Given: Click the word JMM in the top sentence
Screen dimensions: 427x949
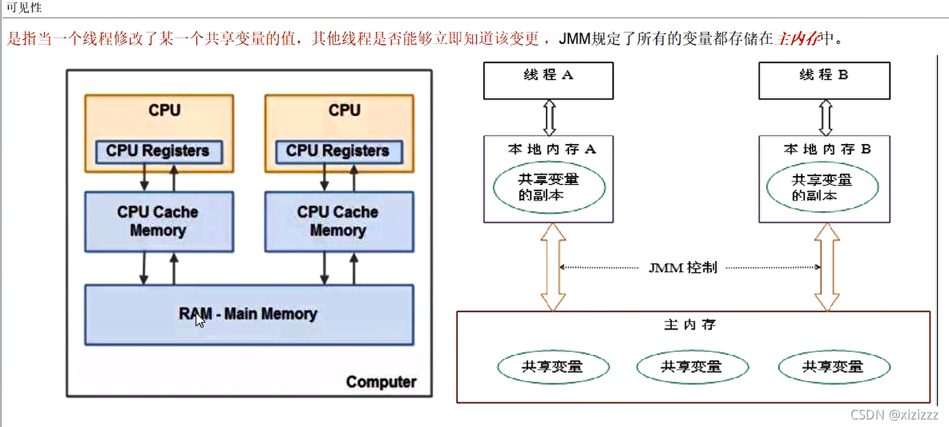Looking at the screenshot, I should [x=574, y=38].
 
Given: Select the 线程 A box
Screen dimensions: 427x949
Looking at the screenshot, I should [x=549, y=80].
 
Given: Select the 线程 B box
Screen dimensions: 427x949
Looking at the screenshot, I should [x=824, y=80].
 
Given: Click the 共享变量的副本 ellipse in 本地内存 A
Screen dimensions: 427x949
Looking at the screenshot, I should [x=549, y=187].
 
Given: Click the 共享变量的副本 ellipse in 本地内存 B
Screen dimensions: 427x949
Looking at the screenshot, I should [x=822, y=187].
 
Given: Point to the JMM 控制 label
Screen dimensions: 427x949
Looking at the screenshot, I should [x=683, y=267].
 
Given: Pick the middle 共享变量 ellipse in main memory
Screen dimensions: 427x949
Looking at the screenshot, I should [x=691, y=367].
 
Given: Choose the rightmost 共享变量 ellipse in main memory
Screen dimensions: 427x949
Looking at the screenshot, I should [x=833, y=367].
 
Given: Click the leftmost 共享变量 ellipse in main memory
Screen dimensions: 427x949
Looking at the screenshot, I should [x=553, y=367].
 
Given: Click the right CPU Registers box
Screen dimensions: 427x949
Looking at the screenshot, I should [x=337, y=151].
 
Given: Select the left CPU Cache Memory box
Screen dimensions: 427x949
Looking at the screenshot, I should [x=158, y=221].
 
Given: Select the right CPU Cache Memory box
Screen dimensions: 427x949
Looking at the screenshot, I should [x=339, y=221].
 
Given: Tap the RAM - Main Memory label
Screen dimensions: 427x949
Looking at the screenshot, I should [x=248, y=314].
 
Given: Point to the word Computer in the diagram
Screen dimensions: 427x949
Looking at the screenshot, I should [x=381, y=382].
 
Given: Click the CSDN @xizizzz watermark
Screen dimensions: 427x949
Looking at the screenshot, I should [x=893, y=415].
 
